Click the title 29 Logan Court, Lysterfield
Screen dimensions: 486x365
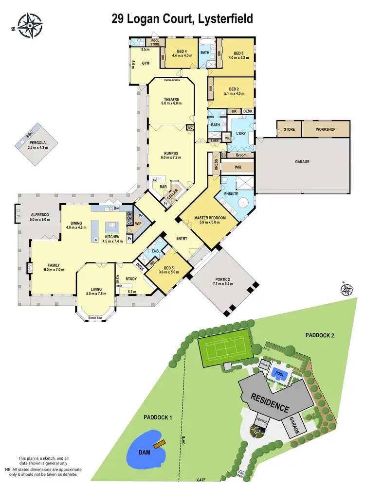182,19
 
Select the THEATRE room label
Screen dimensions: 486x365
171,100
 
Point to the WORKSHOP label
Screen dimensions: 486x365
326,130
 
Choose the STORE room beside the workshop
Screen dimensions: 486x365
289,130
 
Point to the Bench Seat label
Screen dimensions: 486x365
95,318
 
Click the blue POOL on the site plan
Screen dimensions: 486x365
279,374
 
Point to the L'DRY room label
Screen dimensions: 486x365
240,133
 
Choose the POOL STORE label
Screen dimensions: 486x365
155,42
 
